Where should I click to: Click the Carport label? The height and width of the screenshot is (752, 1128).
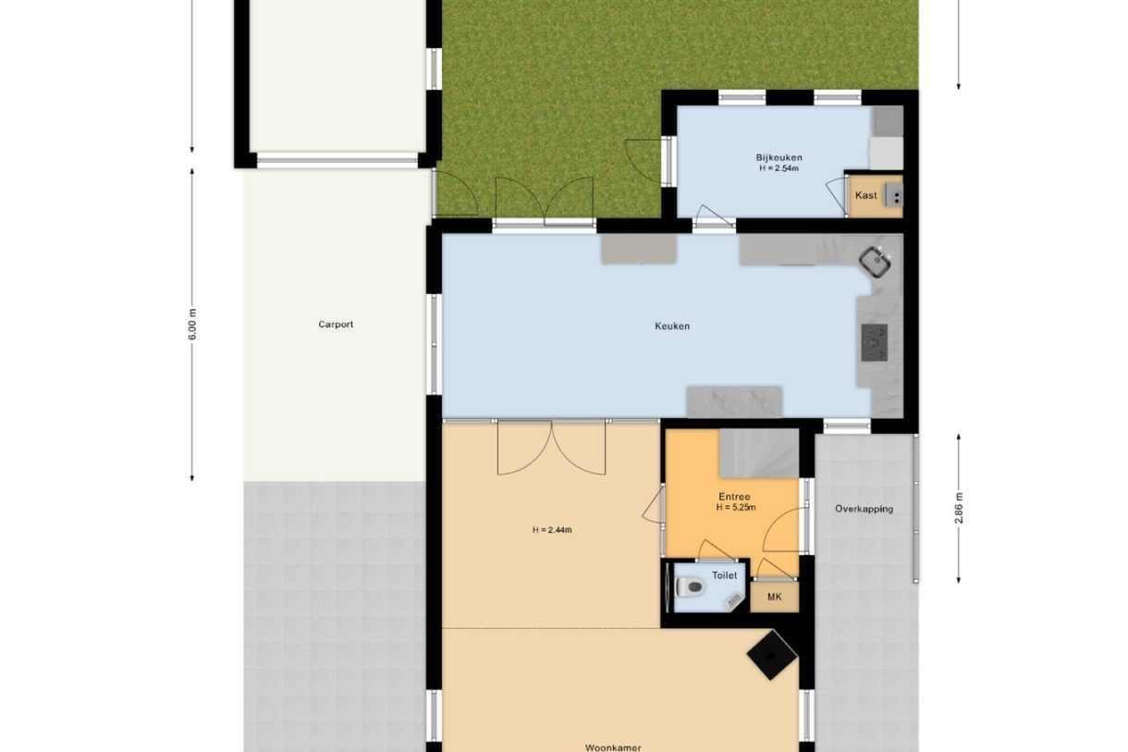[x=336, y=325]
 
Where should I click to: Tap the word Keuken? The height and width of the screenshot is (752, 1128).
[x=672, y=327]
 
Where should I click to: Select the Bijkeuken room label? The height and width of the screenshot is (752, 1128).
[x=779, y=157]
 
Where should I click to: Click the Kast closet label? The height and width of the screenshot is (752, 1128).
[x=865, y=195]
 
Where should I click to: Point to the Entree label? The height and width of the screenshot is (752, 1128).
[x=734, y=497]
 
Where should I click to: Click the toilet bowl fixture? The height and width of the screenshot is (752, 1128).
[x=690, y=586]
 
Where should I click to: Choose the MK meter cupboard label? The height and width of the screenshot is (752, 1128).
[x=775, y=597]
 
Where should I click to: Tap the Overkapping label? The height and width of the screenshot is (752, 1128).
[x=864, y=509]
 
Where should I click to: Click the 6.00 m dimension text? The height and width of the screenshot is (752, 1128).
[x=192, y=325]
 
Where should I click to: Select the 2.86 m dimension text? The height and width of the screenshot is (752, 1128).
[x=959, y=508]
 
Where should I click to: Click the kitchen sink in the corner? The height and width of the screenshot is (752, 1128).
[x=876, y=261]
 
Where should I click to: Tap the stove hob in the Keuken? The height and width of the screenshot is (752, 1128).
[x=875, y=342]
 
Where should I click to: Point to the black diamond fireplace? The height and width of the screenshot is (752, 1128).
[x=772, y=655]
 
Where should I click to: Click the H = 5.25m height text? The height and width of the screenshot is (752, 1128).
[x=736, y=508]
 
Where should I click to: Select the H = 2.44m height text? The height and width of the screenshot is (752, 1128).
[x=552, y=530]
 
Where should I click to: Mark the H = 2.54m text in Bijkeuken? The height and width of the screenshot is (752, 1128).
[x=779, y=168]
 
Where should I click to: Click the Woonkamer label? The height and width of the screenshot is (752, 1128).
[x=613, y=747]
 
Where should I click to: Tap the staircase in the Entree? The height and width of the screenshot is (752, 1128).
[x=759, y=453]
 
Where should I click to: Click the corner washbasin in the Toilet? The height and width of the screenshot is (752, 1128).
[x=735, y=600]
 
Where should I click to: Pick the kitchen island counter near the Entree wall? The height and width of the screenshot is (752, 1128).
[x=735, y=401]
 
